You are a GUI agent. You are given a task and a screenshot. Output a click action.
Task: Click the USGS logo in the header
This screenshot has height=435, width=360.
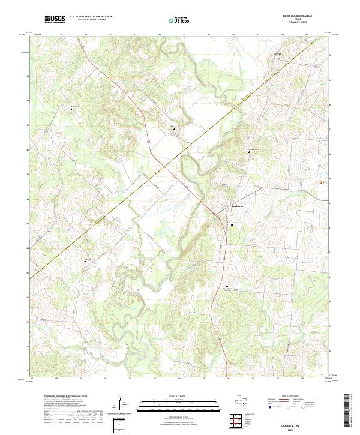tap(55, 20)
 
